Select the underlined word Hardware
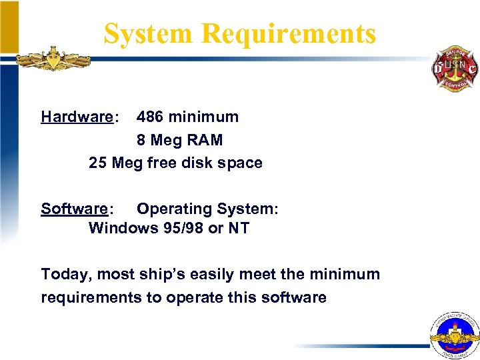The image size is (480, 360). [77, 117]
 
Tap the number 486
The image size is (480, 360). [150, 117]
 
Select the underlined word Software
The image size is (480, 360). [74, 209]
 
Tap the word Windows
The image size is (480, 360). [123, 228]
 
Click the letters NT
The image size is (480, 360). [239, 228]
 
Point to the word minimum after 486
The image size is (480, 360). [203, 117]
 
